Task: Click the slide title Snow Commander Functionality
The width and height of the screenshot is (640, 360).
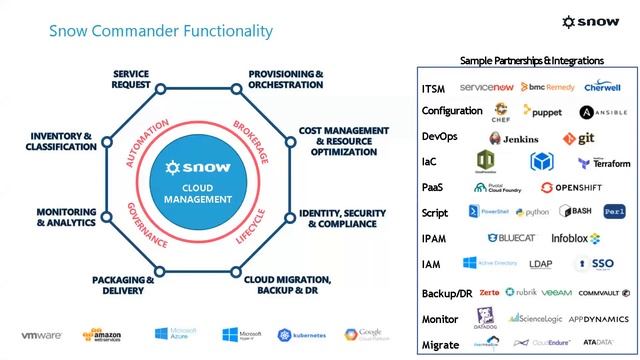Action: pos(160,31)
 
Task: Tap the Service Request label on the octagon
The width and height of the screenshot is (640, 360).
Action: pos(131,80)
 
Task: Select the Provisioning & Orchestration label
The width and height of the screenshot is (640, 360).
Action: pos(285,80)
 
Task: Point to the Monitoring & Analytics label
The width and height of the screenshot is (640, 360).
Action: pos(65,219)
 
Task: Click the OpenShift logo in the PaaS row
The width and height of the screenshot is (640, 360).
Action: pos(576,187)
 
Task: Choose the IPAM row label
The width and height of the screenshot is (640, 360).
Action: pos(435,238)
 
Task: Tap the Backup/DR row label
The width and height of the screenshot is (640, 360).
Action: pos(447,293)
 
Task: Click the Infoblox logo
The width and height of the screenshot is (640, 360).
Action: pos(576,238)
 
